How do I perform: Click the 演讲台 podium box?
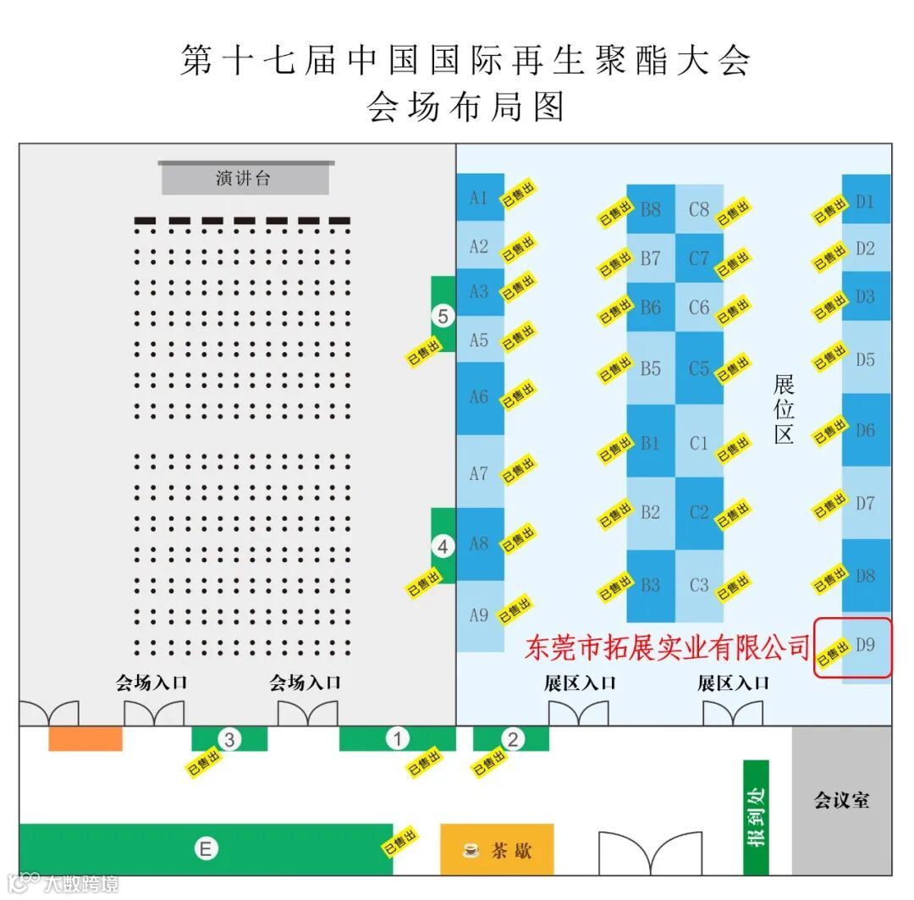(245, 179)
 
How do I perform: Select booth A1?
(480, 198)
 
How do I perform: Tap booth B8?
(650, 208)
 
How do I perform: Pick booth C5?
(699, 369)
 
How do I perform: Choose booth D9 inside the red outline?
(865, 645)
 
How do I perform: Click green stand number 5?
(443, 316)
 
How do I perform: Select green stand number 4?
(443, 547)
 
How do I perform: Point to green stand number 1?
(397, 739)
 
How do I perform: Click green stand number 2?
(511, 739)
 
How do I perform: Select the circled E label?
(205, 848)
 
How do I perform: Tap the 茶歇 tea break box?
(497, 849)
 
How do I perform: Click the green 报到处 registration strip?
(756, 817)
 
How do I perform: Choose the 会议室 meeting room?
(841, 800)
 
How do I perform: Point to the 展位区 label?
(784, 410)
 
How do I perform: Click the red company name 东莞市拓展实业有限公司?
(668, 649)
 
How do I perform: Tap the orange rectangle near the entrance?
(85, 738)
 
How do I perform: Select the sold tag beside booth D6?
(829, 431)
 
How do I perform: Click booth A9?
(479, 616)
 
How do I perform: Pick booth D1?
(865, 202)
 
